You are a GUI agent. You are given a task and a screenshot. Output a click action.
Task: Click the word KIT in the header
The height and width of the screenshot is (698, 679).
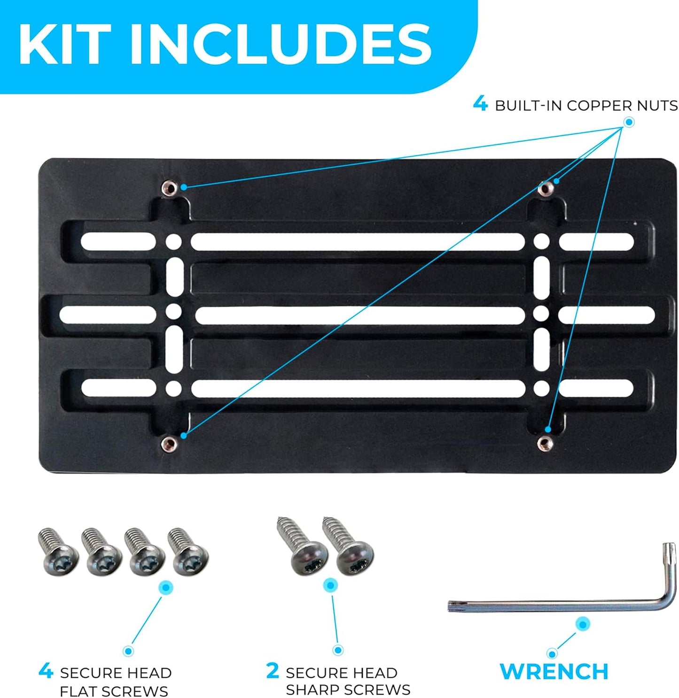(65, 45)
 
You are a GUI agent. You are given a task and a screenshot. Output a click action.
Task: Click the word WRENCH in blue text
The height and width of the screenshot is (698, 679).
(554, 671)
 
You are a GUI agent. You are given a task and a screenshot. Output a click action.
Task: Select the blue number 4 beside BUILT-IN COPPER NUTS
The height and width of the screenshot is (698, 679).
(480, 104)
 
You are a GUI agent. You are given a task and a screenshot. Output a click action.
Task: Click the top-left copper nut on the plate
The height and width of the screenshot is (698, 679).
(168, 188)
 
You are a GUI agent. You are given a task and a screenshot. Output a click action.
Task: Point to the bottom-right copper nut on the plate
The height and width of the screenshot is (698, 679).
(545, 444)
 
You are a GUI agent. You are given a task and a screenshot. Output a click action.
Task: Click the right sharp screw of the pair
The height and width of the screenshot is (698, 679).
(348, 546)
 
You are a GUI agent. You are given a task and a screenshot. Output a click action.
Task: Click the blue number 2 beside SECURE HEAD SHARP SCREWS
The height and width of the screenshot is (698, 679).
(273, 670)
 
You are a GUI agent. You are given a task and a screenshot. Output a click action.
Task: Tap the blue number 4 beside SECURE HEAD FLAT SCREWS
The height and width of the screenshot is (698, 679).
(46, 670)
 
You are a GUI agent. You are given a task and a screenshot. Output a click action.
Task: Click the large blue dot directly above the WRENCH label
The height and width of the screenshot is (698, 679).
(582, 624)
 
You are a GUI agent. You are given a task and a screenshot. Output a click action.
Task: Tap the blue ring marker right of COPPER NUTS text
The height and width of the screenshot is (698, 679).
(629, 122)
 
